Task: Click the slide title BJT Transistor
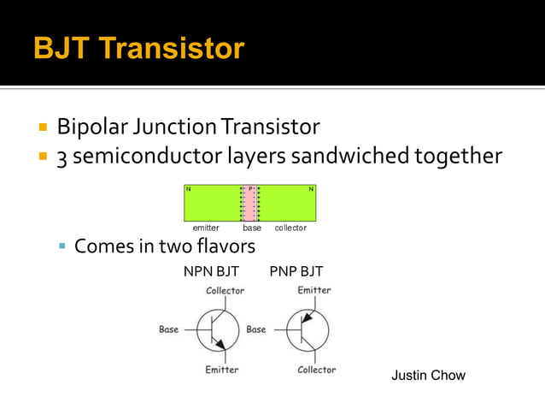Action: [x=138, y=48]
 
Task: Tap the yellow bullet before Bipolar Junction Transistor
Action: [x=42, y=128]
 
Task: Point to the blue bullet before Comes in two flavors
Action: [x=62, y=247]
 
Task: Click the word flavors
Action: [x=224, y=246]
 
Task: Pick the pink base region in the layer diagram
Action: [x=250, y=204]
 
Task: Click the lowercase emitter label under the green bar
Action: [x=206, y=228]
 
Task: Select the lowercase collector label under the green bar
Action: [x=290, y=228]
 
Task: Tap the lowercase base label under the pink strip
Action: [x=252, y=228]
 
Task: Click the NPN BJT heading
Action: [x=211, y=272]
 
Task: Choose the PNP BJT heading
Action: [x=296, y=272]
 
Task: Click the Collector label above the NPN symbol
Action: [x=225, y=291]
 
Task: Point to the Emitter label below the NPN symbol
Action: [x=222, y=370]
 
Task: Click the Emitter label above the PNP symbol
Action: [x=314, y=291]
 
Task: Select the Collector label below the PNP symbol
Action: [x=316, y=370]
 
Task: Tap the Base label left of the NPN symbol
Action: [x=169, y=329]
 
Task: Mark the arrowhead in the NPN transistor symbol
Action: [x=221, y=344]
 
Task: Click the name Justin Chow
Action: [x=428, y=376]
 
